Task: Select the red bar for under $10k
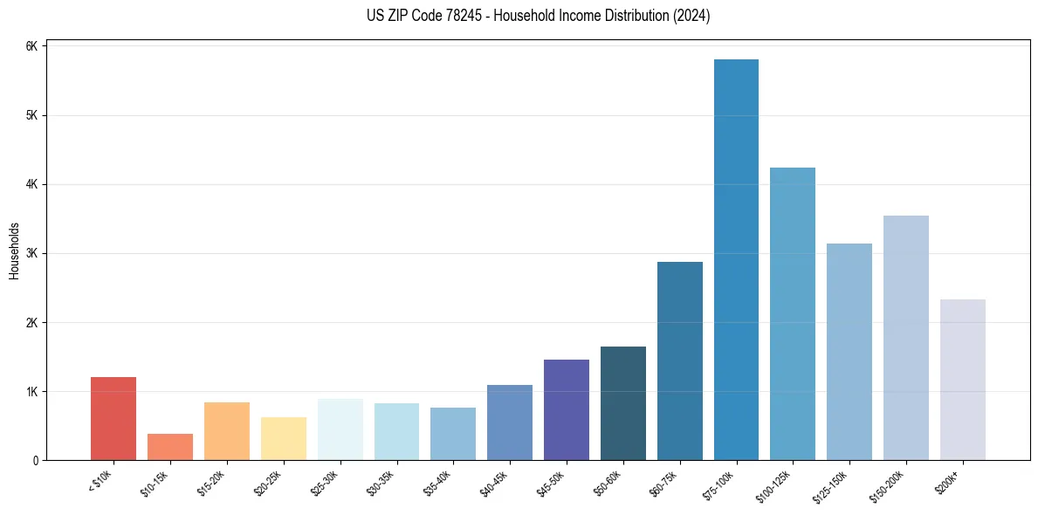(x=113, y=418)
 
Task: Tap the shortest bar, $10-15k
(x=170, y=447)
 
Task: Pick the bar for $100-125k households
(x=793, y=313)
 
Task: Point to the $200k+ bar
(x=963, y=380)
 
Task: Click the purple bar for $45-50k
(x=567, y=409)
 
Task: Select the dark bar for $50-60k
(x=623, y=403)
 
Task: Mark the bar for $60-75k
(x=680, y=360)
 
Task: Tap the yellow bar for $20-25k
(x=284, y=438)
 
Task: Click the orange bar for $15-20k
(x=227, y=431)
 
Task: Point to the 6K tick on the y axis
(x=32, y=46)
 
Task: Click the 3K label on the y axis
(x=32, y=254)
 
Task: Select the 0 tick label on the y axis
(x=36, y=461)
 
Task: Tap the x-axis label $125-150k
(x=835, y=484)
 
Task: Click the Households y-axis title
(x=14, y=251)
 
